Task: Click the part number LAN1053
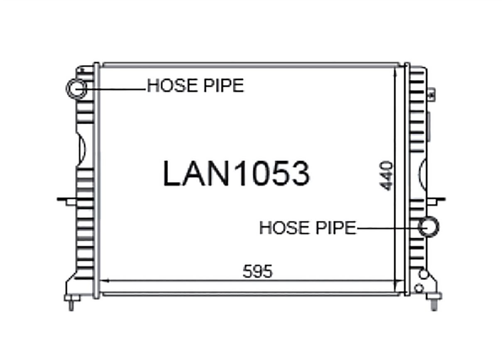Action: pyautogui.click(x=236, y=173)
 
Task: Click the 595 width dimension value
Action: pyautogui.click(x=258, y=271)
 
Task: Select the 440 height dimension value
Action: pyautogui.click(x=386, y=176)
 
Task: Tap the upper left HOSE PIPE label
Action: pyautogui.click(x=195, y=85)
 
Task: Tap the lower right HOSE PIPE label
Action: pyautogui.click(x=308, y=228)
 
